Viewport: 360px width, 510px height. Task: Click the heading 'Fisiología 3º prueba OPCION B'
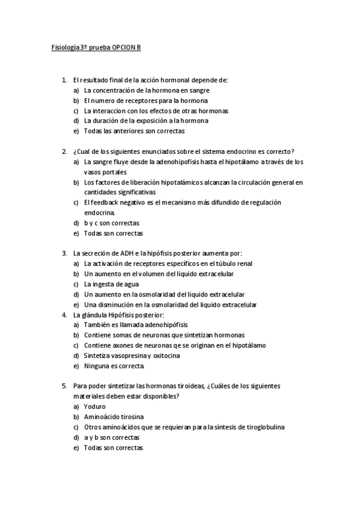pos(96,47)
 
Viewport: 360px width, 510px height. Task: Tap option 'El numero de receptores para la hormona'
pos(146,100)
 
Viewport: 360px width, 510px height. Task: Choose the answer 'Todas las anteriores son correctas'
pos(134,131)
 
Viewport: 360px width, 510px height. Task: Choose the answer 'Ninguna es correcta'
pos(114,366)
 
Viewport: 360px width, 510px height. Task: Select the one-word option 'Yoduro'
pos(95,407)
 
